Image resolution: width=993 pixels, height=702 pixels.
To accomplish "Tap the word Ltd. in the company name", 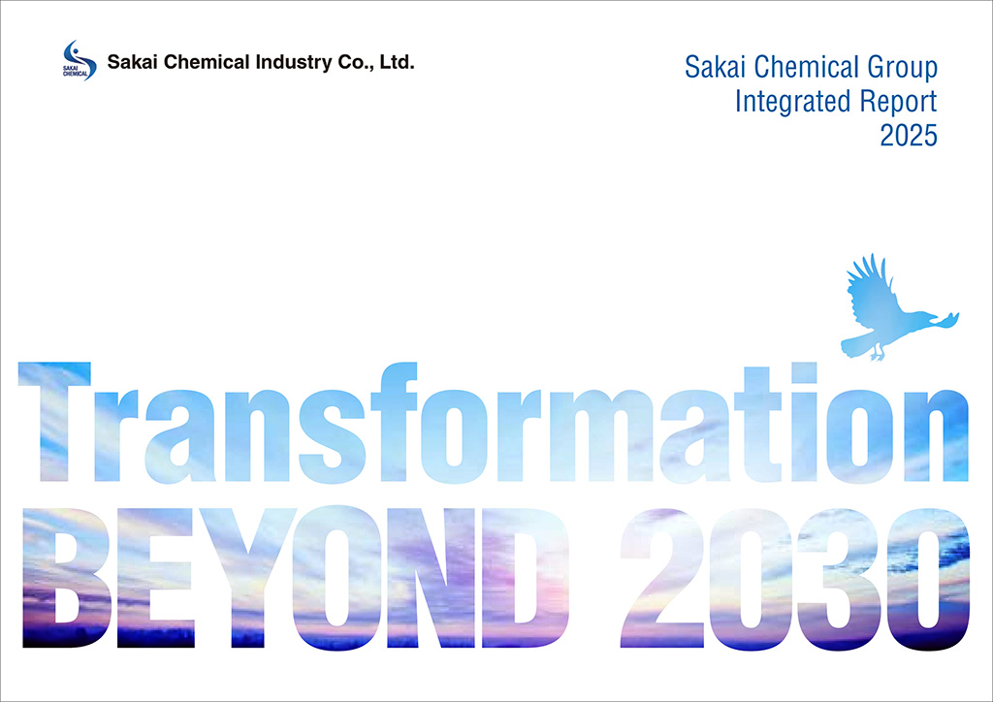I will [x=398, y=64].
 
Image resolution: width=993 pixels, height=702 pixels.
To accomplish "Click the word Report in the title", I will [x=897, y=100].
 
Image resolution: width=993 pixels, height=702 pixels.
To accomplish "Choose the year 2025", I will [x=909, y=134].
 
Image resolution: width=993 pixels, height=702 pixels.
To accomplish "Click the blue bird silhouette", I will [x=887, y=310].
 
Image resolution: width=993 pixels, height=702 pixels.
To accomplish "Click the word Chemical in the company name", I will [x=200, y=64].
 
